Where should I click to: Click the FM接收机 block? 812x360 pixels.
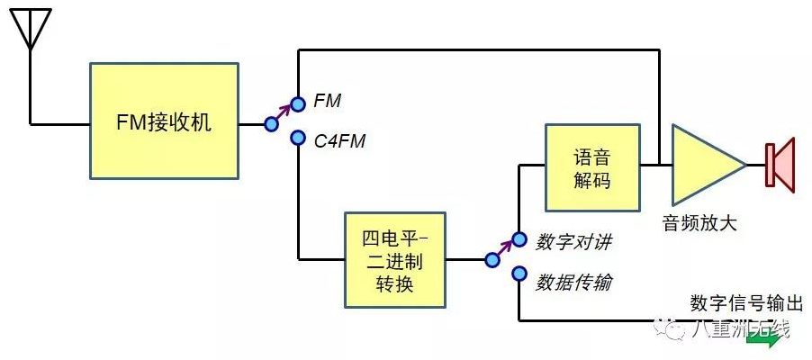[165, 121]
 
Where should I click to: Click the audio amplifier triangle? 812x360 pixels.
[704, 165]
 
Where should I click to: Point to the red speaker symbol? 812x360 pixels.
[780, 165]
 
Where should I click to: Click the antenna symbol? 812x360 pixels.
[31, 31]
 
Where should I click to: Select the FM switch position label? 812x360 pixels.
[327, 102]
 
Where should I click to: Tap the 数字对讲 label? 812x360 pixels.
[573, 242]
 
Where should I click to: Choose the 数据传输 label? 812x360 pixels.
[573, 282]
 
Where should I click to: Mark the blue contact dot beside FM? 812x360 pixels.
[298, 102]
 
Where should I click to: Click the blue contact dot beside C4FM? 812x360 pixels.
[298, 139]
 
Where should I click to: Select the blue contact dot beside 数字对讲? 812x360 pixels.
[519, 240]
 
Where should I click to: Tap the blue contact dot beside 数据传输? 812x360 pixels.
[519, 274]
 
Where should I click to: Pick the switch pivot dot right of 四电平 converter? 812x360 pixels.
[492, 260]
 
